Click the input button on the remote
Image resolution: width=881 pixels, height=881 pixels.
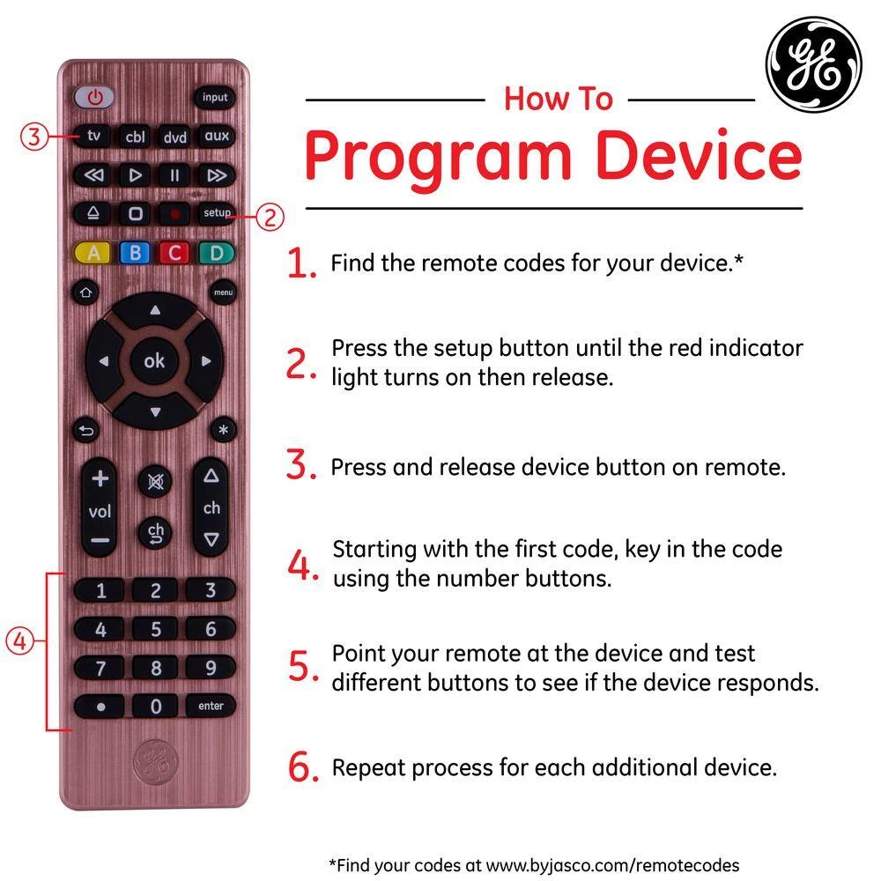(x=215, y=97)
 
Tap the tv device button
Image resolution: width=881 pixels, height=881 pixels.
(x=93, y=136)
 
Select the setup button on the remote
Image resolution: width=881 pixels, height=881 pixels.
(x=217, y=213)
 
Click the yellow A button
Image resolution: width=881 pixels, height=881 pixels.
(x=94, y=253)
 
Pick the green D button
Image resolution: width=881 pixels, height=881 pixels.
(x=217, y=253)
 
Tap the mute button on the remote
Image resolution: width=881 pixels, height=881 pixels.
(x=155, y=482)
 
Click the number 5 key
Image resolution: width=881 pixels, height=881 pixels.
(x=156, y=629)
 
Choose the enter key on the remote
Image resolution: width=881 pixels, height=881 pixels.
(x=211, y=706)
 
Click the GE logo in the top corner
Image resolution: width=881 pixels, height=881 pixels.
(x=814, y=64)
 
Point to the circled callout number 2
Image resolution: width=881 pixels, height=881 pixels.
(x=270, y=217)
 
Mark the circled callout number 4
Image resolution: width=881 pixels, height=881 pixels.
(x=19, y=640)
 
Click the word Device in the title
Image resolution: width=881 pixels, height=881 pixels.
(x=699, y=156)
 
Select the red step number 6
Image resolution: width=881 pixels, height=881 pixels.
(x=303, y=767)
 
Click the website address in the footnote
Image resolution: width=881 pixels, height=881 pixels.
(x=612, y=865)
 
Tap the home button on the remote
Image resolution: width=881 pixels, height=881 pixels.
(x=85, y=292)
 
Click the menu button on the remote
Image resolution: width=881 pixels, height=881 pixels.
(x=223, y=292)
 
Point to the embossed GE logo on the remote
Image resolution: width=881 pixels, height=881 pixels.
(x=155, y=762)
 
